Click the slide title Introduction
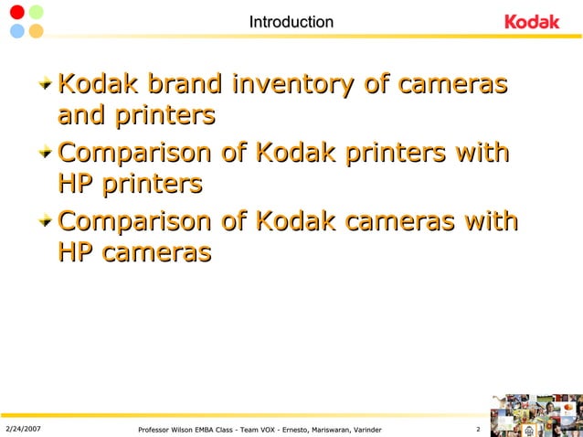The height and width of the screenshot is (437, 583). coord(291,22)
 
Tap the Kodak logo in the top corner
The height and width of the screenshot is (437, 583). coord(532,22)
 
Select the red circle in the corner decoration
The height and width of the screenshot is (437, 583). coord(16,12)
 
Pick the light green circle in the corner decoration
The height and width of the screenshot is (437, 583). coord(36,12)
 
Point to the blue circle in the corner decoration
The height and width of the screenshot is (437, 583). coord(16,31)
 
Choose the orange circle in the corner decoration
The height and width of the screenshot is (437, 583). coord(36,31)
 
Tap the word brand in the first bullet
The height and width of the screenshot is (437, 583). coord(179,85)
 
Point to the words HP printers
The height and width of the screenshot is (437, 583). coord(129,184)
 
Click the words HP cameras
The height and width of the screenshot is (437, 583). coord(134,251)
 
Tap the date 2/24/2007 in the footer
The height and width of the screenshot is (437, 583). coord(23,429)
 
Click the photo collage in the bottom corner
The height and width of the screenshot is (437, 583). coord(536,415)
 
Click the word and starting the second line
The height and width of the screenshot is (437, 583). coord(80,116)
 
